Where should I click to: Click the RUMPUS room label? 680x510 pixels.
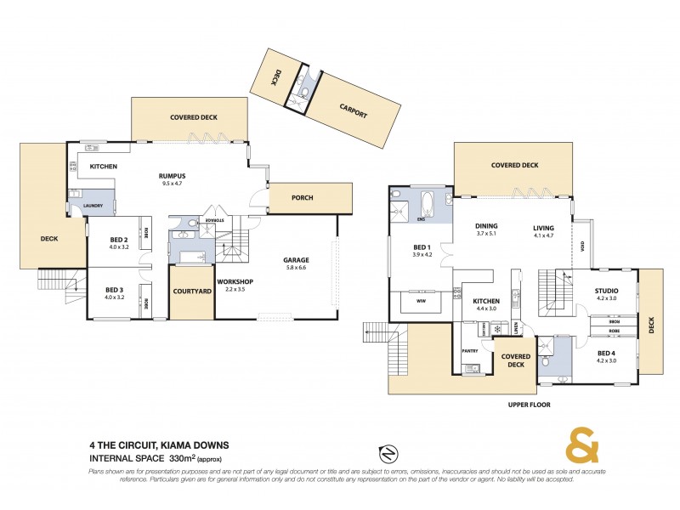[173, 176]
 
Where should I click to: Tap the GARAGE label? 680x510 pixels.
[297, 260]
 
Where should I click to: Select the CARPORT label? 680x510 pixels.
[353, 110]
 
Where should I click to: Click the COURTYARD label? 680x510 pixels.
[192, 292]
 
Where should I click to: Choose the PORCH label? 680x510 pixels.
[302, 198]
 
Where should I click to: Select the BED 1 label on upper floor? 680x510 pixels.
[422, 247]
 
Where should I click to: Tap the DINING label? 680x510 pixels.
[486, 226]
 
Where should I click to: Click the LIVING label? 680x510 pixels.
[543, 228]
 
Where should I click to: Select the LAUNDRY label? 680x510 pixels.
[93, 207]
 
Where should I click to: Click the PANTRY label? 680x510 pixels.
[470, 350]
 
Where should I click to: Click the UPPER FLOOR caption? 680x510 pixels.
[529, 405]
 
